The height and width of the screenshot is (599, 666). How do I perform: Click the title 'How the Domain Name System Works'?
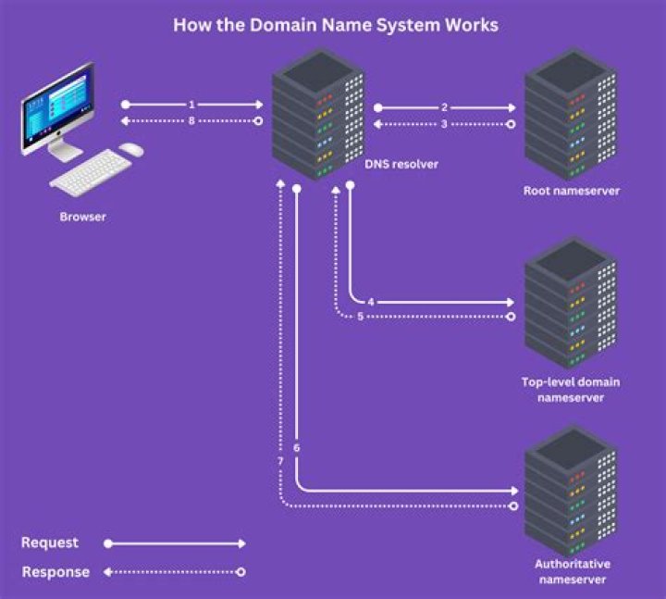335,25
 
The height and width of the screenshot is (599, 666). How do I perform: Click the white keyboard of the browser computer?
91,171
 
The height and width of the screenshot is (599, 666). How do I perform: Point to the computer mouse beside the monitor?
132,148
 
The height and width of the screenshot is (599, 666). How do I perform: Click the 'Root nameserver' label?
570,191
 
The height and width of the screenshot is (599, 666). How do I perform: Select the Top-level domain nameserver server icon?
569,304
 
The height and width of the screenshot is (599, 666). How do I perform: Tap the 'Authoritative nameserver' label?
572,571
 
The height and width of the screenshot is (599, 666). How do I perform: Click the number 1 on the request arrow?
191,106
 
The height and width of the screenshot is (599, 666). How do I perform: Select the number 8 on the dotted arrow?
191,121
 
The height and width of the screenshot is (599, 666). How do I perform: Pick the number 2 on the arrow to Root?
444,107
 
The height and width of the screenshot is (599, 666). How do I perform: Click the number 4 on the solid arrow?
370,303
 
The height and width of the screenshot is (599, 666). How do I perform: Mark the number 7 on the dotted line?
280,461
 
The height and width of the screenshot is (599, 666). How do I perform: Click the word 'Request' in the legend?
50,543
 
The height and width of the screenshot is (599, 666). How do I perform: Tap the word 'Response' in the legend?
55,572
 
